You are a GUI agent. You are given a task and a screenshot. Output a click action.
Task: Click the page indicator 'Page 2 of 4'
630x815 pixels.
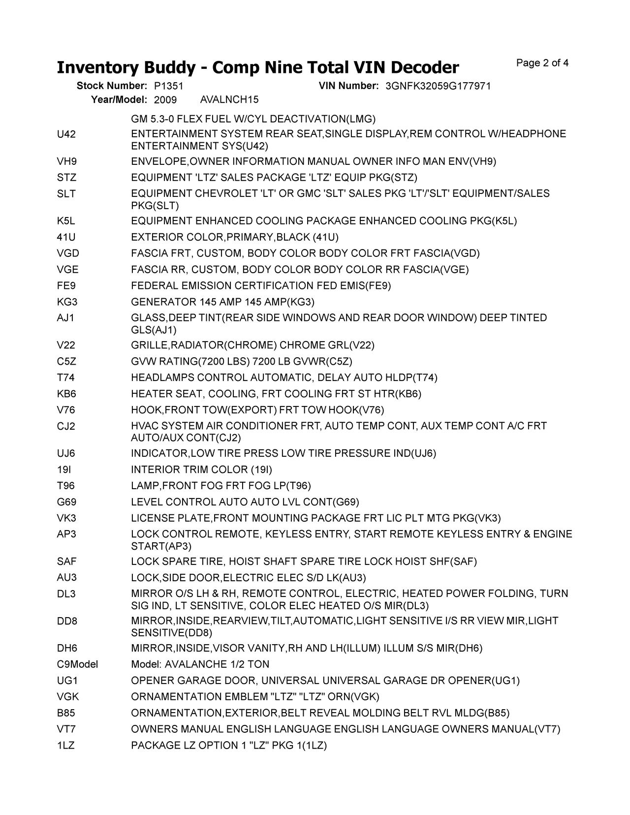(542, 63)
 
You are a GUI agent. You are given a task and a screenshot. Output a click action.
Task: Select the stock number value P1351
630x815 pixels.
(168, 86)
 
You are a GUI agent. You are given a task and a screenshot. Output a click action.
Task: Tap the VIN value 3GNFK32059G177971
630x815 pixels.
(438, 86)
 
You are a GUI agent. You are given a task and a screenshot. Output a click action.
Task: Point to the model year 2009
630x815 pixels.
(165, 100)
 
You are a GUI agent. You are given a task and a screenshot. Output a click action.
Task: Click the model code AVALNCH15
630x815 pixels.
(229, 100)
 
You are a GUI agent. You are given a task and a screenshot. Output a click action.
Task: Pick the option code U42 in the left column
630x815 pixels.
(66, 134)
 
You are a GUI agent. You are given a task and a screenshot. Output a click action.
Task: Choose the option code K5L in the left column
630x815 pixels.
(66, 221)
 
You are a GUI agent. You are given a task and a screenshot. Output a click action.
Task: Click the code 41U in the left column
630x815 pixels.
(66, 237)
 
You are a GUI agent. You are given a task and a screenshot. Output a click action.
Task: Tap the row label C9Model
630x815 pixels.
(77, 664)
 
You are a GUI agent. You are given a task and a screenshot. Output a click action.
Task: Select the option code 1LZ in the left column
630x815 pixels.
(66, 746)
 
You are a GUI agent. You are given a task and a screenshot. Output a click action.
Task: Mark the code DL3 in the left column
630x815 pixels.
(66, 594)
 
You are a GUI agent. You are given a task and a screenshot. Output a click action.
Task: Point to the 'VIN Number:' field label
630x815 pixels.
(348, 86)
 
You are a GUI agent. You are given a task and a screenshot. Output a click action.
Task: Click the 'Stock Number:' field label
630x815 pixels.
(112, 86)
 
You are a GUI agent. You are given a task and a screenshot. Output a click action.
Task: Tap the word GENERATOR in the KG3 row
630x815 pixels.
(163, 302)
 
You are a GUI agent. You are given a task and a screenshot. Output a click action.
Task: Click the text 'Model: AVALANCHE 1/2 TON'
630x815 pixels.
(200, 664)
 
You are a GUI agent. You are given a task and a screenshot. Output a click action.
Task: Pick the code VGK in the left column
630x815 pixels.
(68, 697)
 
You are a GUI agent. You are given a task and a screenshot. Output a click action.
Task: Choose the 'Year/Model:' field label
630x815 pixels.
(119, 100)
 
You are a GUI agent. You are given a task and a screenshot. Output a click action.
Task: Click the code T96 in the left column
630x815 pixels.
(66, 486)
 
